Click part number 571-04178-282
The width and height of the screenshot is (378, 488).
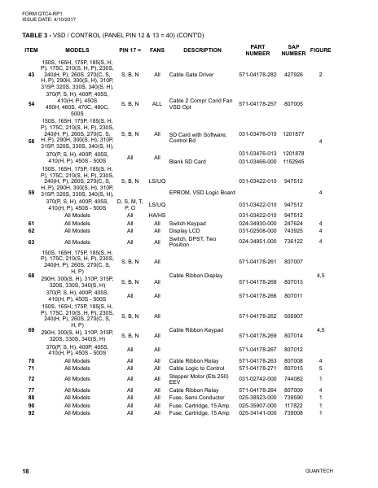[x=257, y=75]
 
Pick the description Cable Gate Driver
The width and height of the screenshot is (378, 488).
[x=191, y=75]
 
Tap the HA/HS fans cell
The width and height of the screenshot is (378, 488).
[x=157, y=215]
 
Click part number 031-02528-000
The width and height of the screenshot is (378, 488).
[x=257, y=230]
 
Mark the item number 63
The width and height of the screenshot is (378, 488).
[x=31, y=242]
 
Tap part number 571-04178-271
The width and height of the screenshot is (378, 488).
[x=257, y=368]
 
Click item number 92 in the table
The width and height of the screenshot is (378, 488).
[x=31, y=412]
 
